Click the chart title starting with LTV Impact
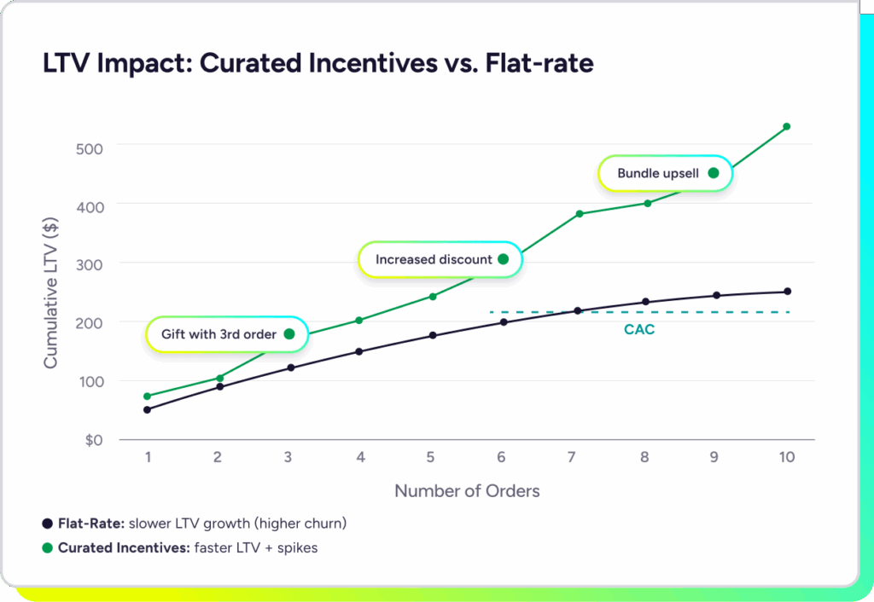tap(318, 63)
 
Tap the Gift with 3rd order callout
tap(226, 334)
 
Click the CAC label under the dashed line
tap(639, 329)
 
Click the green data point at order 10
tap(787, 126)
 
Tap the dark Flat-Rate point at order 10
tap(787, 292)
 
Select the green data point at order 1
tap(148, 396)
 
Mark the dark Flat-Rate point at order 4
tap(359, 351)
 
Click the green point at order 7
tap(580, 213)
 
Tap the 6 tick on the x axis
tap(501, 457)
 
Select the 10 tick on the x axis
tap(786, 457)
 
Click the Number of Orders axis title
tap(467, 491)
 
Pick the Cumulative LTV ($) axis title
tap(50, 293)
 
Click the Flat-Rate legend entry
tap(195, 523)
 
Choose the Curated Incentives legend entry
tap(180, 547)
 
